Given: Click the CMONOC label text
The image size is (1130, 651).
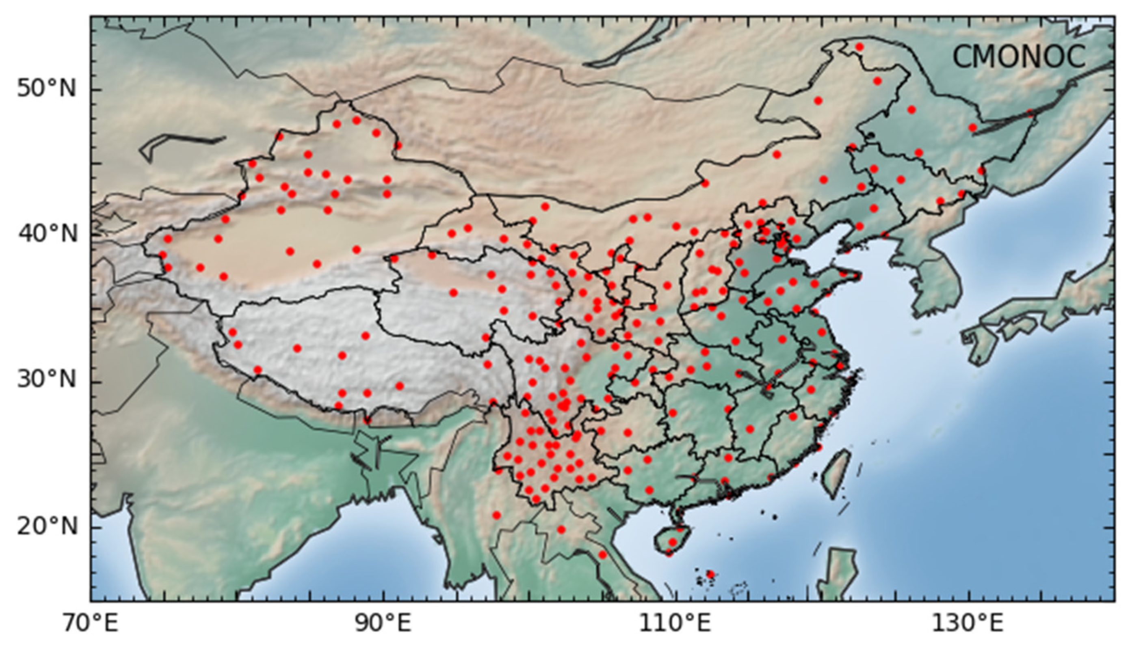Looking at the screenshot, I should (1019, 57).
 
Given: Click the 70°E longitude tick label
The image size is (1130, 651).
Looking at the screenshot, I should (90, 623).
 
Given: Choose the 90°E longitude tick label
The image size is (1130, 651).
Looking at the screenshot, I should (383, 623).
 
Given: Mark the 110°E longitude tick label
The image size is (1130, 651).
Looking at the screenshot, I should (675, 623).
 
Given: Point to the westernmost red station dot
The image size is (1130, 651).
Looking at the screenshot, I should (162, 255).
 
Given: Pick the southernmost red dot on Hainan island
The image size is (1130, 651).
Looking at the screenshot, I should (669, 553).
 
